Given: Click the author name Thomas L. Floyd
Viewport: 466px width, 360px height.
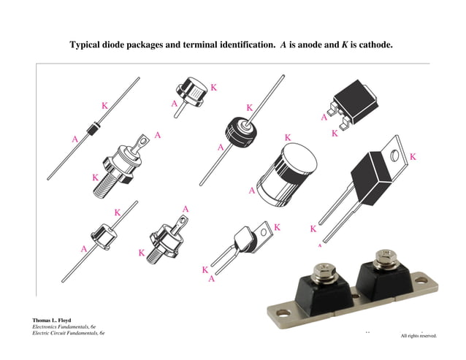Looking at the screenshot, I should [52, 320].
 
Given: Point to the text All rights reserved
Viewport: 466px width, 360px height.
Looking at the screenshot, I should [419, 336].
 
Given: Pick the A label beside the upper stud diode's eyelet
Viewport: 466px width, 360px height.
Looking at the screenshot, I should [158, 135].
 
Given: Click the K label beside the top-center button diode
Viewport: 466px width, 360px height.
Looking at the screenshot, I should [213, 88].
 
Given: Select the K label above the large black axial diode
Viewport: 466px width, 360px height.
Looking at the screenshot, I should [249, 107].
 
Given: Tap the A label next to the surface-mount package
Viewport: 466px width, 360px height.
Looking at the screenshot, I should [324, 117].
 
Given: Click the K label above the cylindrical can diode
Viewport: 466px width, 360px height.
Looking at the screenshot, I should [287, 137].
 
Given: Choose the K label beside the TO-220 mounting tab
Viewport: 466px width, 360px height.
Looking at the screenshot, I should [413, 156].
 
